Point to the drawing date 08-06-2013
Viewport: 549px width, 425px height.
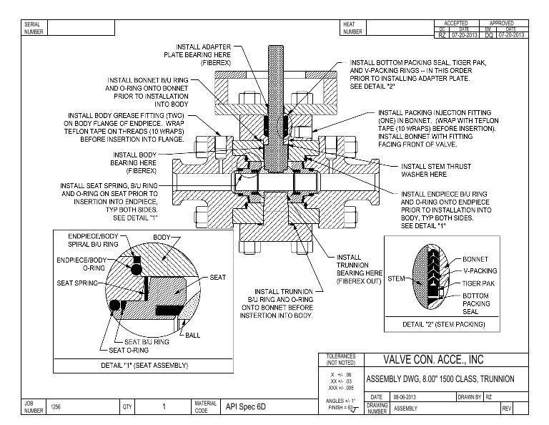tap(405, 396)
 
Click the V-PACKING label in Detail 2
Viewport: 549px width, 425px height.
tap(480, 271)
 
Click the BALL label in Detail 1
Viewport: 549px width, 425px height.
tap(192, 336)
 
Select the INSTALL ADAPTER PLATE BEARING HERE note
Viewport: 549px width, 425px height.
tap(197, 54)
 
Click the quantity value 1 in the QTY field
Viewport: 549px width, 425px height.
tap(164, 407)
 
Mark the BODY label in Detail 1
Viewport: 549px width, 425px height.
tap(162, 237)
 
